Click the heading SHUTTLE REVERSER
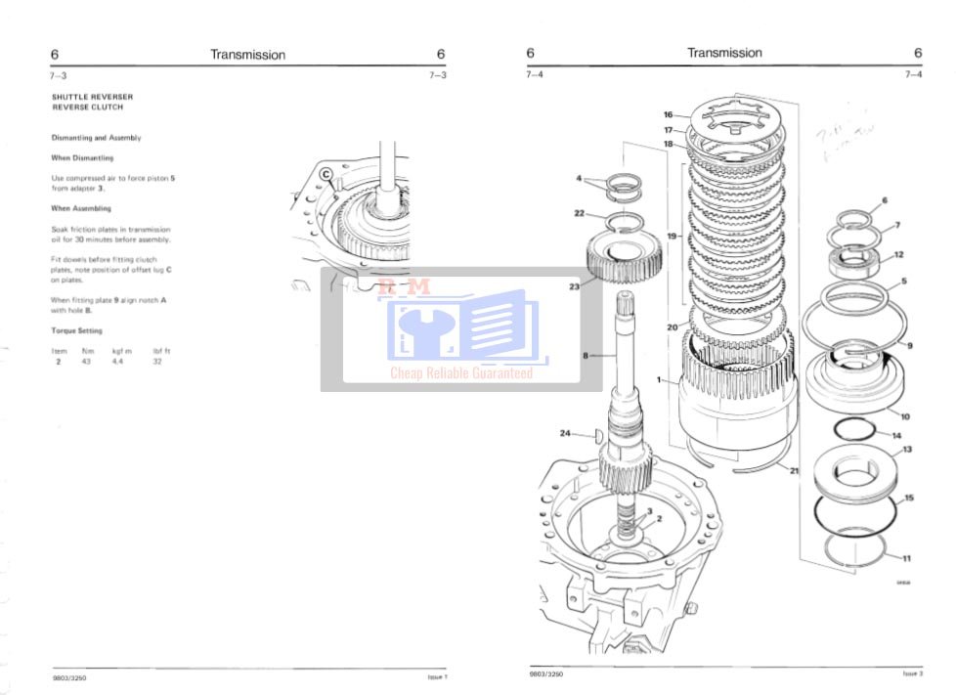point(92,98)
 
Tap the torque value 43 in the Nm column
point(87,361)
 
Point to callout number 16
point(669,114)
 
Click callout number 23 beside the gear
point(574,287)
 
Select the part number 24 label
point(565,433)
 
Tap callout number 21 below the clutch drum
point(794,471)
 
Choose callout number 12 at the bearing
point(898,255)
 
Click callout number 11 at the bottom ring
point(906,558)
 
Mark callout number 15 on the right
point(909,499)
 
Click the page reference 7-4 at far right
point(913,74)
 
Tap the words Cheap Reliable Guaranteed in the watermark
point(461,373)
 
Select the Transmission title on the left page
point(248,55)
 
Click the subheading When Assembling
point(81,208)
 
